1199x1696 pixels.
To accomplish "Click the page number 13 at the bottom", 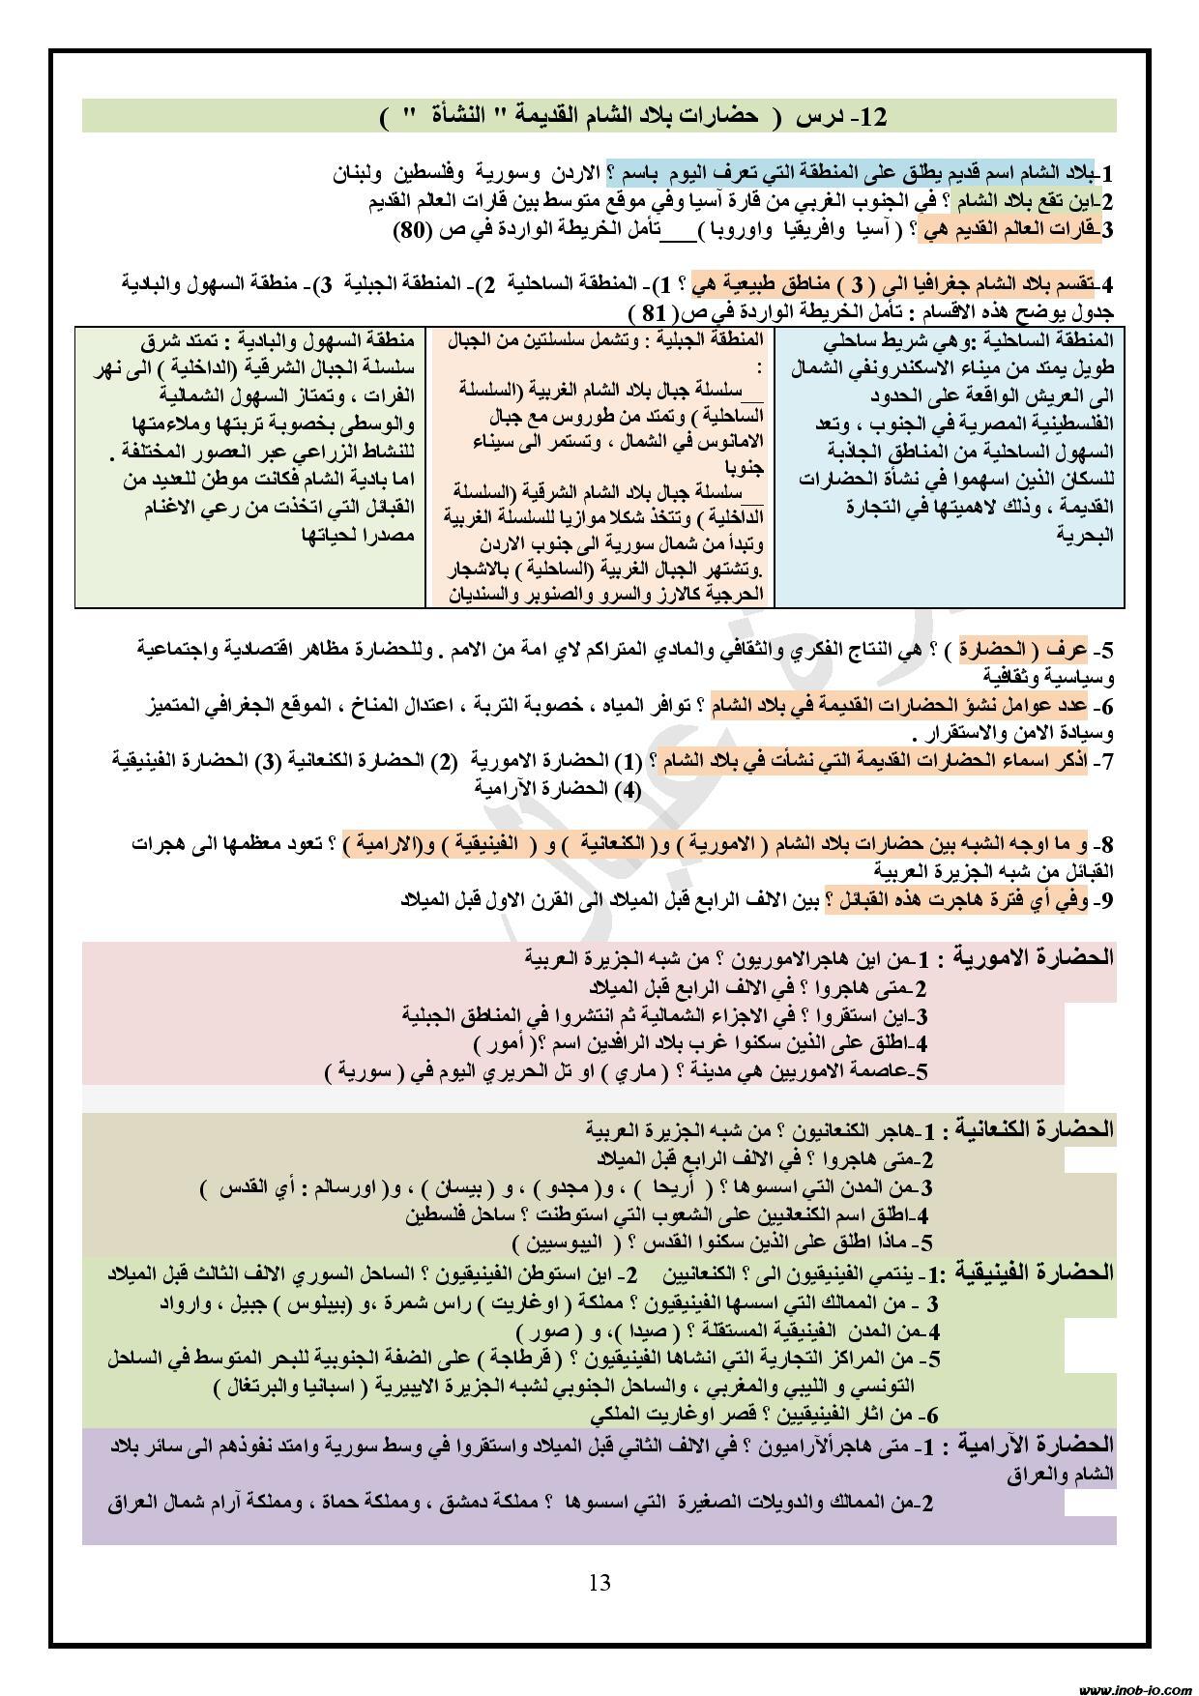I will tap(599, 1583).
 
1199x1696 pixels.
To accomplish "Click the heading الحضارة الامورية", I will tap(1035, 958).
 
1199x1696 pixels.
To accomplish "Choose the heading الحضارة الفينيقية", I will tap(1037, 1272).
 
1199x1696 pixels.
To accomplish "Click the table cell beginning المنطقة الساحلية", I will tap(950, 466).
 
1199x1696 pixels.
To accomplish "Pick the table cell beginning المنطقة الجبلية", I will tap(600, 466).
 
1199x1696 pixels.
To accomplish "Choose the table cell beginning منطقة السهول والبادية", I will tap(250, 466).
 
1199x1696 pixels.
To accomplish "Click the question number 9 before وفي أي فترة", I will tap(1106, 900).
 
